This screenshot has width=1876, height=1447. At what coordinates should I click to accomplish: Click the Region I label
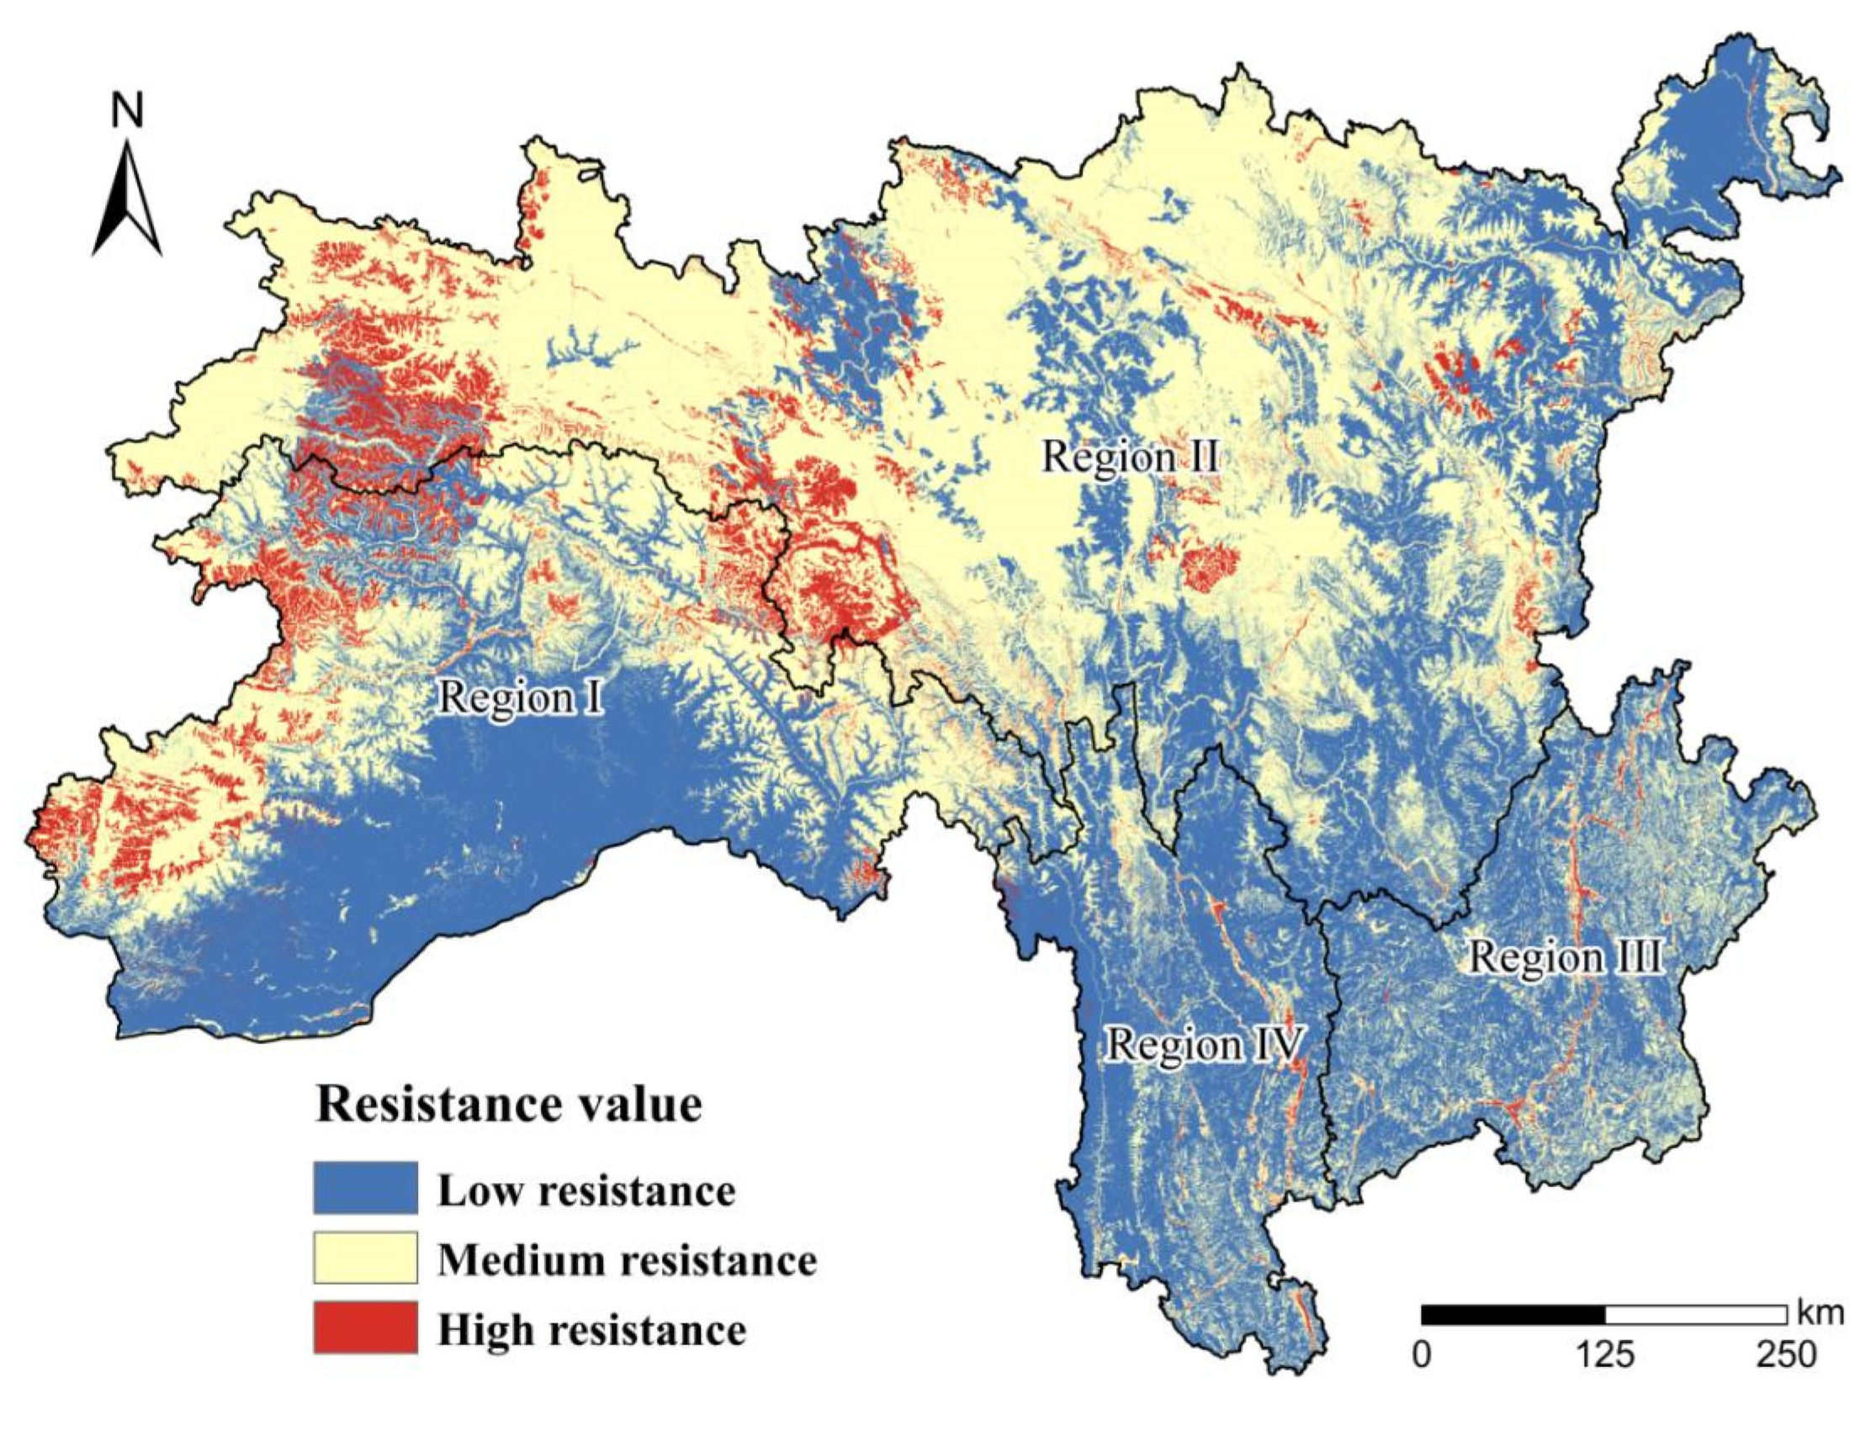click(520, 698)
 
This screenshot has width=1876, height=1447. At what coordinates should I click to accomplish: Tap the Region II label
click(1130, 455)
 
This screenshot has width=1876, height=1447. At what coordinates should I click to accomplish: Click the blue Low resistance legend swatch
click(365, 1188)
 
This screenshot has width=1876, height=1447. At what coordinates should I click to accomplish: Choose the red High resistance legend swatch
click(365, 1328)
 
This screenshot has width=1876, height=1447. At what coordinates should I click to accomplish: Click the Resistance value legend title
click(508, 1105)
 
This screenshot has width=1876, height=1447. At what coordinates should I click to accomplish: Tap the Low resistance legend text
click(586, 1191)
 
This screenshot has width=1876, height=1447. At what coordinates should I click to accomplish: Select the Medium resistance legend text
click(627, 1260)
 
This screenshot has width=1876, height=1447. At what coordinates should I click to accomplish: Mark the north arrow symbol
click(127, 199)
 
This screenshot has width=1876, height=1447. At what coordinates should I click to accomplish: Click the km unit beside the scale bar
click(1820, 1314)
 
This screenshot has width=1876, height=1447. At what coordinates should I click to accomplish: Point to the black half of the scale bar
click(1513, 1316)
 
